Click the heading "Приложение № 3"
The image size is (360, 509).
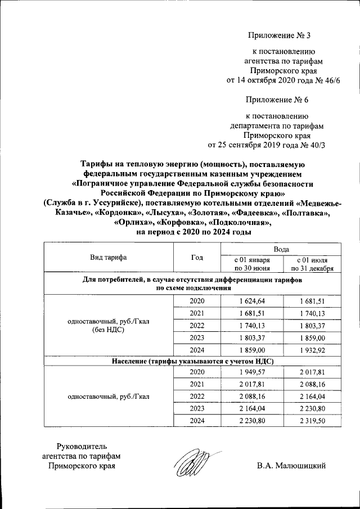(x=279, y=36)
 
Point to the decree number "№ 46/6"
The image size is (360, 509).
(x=328, y=81)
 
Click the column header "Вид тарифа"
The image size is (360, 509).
(x=109, y=258)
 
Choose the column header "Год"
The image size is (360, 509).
(x=197, y=258)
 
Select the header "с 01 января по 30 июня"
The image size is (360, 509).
(x=252, y=264)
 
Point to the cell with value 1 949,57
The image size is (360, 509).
(x=252, y=372)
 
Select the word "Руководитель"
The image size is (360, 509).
(x=82, y=445)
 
